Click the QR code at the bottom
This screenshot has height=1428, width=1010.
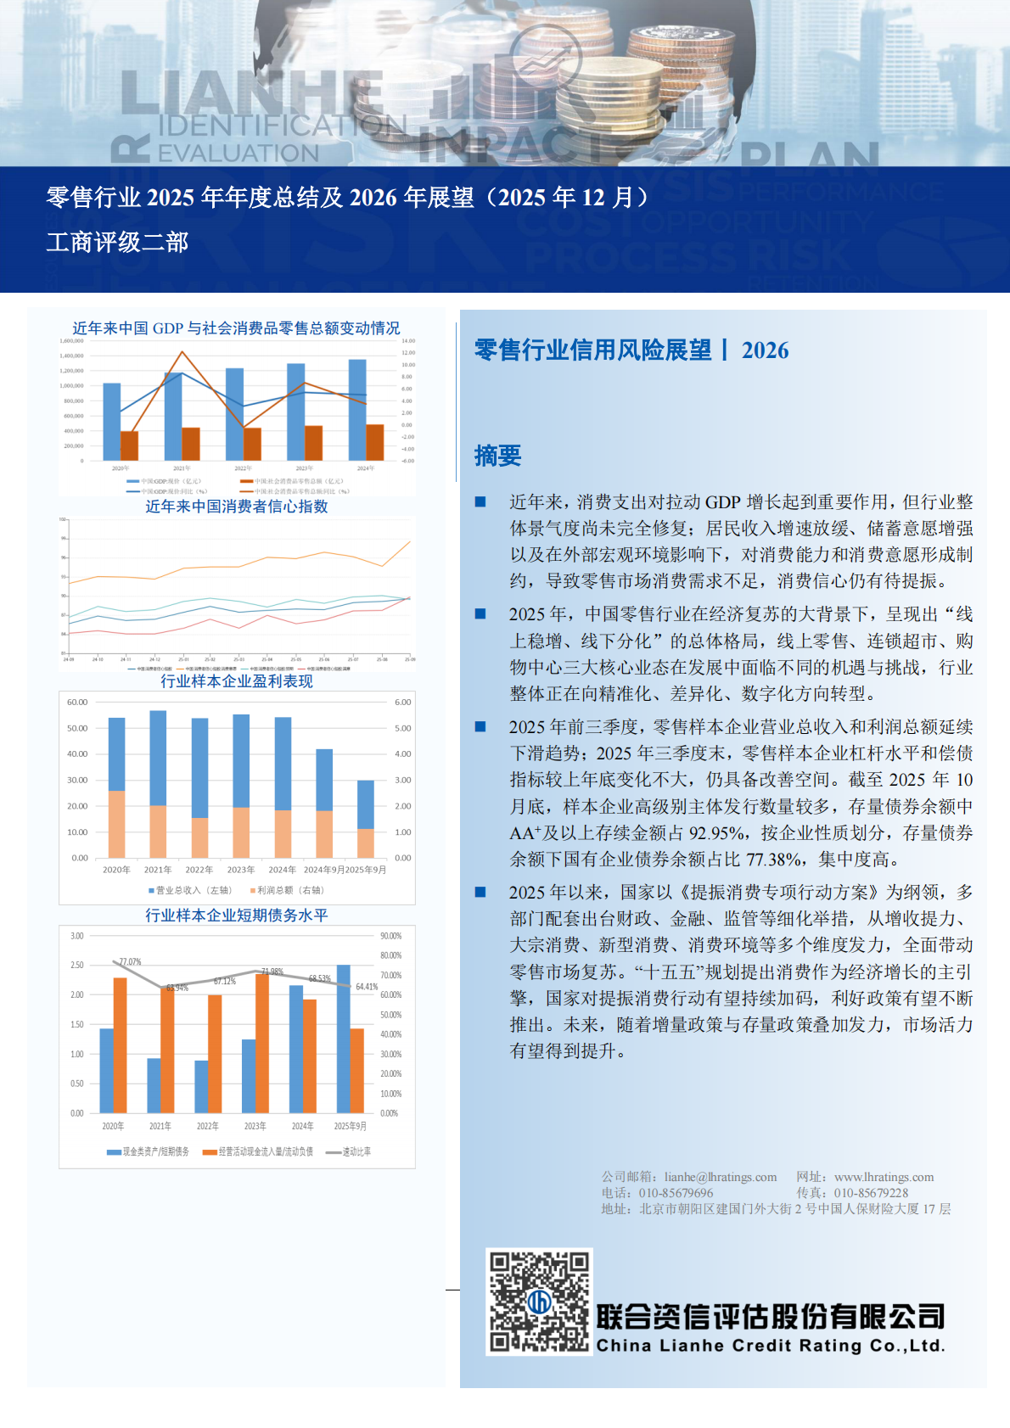(538, 1301)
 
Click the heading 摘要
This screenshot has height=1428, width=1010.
(497, 456)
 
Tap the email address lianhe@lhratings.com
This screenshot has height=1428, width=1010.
(720, 1177)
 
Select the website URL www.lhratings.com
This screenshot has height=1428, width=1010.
(884, 1177)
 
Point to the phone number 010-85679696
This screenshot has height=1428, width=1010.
(676, 1193)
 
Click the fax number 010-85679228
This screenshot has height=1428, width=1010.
(871, 1193)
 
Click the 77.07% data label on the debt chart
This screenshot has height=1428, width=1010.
(130, 961)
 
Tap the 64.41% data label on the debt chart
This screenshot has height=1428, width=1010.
(367, 987)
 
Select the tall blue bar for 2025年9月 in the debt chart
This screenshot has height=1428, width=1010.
(344, 1039)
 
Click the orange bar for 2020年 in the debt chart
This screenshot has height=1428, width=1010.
(121, 1044)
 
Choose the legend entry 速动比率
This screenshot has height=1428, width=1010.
(356, 1151)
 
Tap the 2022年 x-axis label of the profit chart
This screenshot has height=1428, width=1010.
(199, 870)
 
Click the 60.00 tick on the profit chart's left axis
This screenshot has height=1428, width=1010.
(77, 703)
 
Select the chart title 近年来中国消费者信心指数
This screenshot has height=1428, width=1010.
(236, 507)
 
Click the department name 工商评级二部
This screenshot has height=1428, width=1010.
(117, 243)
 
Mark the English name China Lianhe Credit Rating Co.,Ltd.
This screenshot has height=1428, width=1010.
(770, 1346)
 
